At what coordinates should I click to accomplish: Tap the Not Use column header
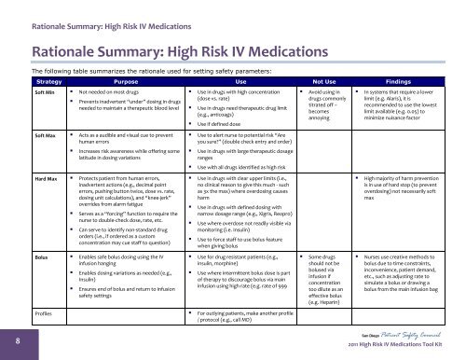tap(322, 81)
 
